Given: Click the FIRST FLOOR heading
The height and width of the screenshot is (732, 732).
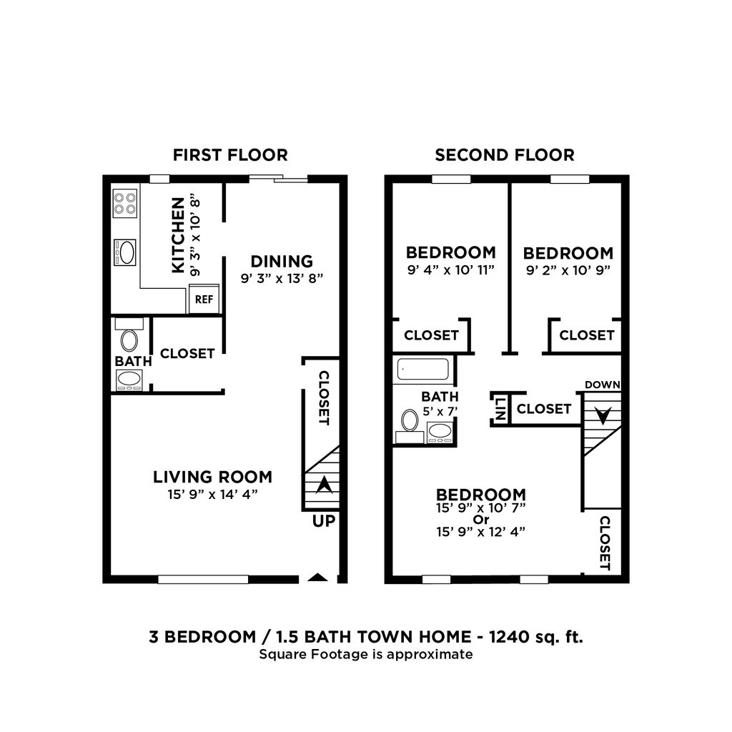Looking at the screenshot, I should [230, 155].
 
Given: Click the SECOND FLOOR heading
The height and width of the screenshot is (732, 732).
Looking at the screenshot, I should [505, 155].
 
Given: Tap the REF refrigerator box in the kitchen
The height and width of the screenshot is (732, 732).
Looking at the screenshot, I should [204, 300].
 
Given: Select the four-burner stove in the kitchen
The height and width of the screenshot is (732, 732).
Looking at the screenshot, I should [126, 202].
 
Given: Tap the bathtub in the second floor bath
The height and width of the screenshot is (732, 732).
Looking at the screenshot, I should [422, 370].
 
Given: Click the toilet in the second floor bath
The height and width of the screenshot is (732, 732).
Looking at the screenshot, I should [410, 422].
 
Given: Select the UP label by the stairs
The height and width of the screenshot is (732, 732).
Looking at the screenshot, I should [323, 521].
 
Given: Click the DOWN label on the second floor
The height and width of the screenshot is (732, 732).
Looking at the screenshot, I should [602, 385].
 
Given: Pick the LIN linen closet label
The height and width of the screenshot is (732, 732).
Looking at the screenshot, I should [500, 409].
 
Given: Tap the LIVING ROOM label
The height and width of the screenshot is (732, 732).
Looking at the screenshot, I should [213, 477].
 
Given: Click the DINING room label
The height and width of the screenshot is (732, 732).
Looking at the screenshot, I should [282, 262].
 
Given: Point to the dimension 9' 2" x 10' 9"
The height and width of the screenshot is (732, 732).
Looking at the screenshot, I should [568, 270].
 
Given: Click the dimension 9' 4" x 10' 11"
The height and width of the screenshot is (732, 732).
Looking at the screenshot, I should [450, 270].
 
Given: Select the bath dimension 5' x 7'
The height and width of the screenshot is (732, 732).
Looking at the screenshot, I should [440, 411].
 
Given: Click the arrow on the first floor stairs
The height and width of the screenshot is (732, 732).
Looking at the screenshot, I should [324, 485].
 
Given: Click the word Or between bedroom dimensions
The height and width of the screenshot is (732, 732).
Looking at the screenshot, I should [480, 519].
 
